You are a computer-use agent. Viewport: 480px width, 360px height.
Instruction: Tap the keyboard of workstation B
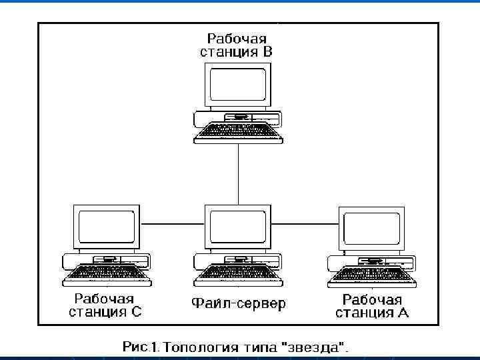tap(238, 134)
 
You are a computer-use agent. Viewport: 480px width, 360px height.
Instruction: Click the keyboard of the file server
tap(238, 274)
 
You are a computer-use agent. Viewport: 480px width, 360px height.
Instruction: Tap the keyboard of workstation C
tap(106, 274)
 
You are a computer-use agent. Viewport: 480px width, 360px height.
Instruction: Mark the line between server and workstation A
tap(303, 225)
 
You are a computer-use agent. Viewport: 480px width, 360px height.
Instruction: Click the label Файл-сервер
tap(238, 305)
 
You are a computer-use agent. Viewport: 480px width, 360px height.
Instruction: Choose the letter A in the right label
tap(403, 313)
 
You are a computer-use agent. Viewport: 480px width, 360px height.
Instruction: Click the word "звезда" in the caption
tap(316, 347)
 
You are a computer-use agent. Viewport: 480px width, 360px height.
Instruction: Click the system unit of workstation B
tap(238, 118)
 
